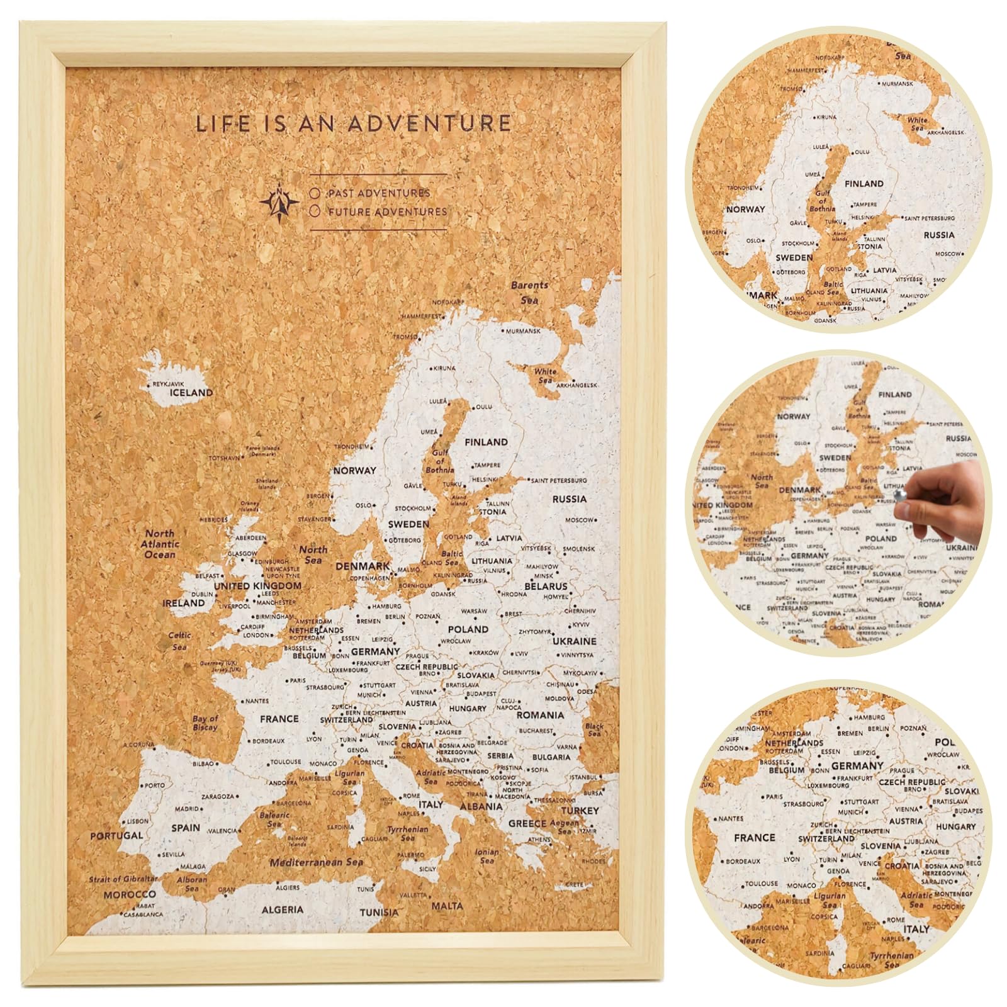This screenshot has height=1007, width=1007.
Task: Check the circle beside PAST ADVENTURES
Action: (x=315, y=193)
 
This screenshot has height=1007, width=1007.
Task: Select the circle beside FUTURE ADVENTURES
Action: (x=315, y=212)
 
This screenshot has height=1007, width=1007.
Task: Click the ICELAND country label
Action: (x=191, y=393)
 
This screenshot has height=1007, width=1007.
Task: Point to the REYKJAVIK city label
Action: (x=168, y=383)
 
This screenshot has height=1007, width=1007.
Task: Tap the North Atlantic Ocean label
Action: (x=160, y=544)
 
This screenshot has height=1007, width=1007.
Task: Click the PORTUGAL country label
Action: (x=116, y=836)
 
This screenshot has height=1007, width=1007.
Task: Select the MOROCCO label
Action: (x=130, y=894)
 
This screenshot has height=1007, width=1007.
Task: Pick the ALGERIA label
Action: (x=283, y=909)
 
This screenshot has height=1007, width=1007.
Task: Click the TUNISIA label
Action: (x=379, y=912)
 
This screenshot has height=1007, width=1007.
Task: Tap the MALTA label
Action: (x=447, y=906)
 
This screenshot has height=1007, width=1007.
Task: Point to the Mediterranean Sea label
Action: (x=317, y=862)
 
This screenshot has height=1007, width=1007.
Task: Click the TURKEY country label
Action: (x=580, y=811)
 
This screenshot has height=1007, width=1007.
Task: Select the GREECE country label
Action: (x=527, y=823)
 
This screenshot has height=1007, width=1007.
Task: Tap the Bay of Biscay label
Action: (x=205, y=723)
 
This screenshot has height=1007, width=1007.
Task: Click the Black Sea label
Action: (x=594, y=729)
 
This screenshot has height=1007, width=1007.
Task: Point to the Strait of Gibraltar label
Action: (x=123, y=879)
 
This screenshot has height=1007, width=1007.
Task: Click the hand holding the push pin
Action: (x=944, y=500)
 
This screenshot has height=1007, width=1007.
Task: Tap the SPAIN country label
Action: (x=186, y=828)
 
